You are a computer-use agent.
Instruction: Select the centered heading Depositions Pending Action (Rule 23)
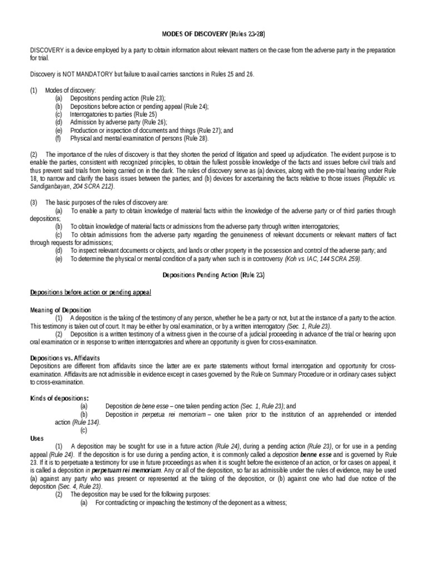tap(213, 274)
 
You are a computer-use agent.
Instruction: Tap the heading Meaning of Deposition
tap(61, 309)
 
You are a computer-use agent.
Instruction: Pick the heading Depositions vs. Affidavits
tap(66, 358)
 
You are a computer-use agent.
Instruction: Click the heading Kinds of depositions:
tap(60, 398)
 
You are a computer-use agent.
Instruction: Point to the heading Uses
tap(36, 438)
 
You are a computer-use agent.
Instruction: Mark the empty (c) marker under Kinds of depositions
tap(83, 430)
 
